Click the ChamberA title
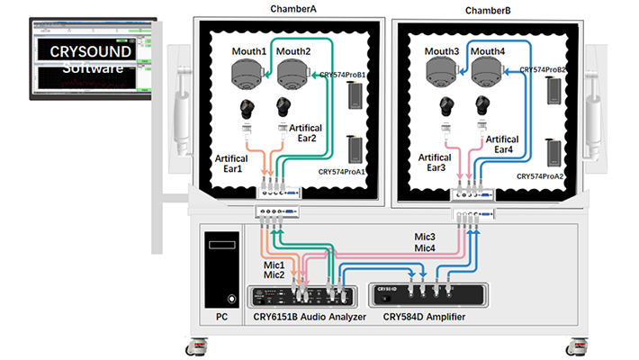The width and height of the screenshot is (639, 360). (294, 9)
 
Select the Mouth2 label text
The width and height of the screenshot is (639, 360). (293, 52)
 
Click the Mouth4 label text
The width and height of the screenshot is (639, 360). (487, 52)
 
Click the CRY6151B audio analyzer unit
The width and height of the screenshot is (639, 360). (304, 297)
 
